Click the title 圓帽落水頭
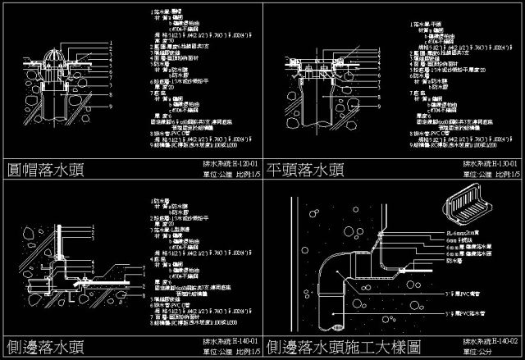click(47, 169)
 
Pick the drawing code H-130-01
click(502, 163)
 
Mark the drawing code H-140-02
click(502, 339)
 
